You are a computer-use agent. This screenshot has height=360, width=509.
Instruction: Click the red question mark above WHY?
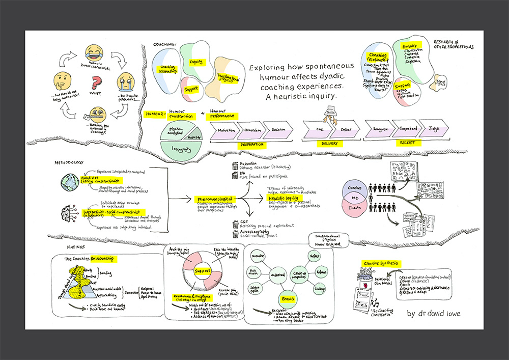tap(93, 81)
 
